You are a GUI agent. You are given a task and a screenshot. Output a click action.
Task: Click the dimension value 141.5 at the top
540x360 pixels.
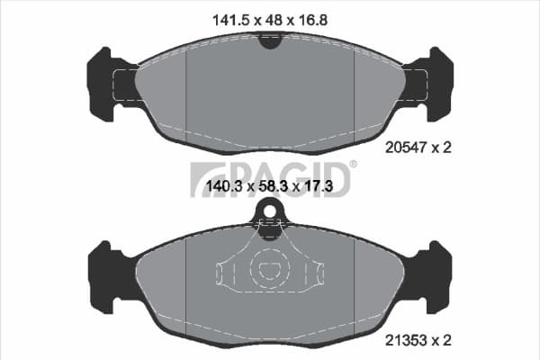pos(230,21)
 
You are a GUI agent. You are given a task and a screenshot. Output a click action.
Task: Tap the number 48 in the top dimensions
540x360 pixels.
pos(274,21)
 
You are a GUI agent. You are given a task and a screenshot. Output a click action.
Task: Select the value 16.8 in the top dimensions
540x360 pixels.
pos(312,21)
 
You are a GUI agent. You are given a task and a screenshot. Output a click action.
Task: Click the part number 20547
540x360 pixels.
pos(406,148)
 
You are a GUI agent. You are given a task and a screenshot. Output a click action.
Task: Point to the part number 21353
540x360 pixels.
pos(406,340)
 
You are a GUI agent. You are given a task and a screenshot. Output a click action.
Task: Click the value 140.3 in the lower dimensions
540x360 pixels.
pos(224,186)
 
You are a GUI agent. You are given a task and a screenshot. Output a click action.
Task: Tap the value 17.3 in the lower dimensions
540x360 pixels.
pos(319,186)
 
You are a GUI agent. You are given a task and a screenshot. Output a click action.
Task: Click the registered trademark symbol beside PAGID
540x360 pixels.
pos(353,165)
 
